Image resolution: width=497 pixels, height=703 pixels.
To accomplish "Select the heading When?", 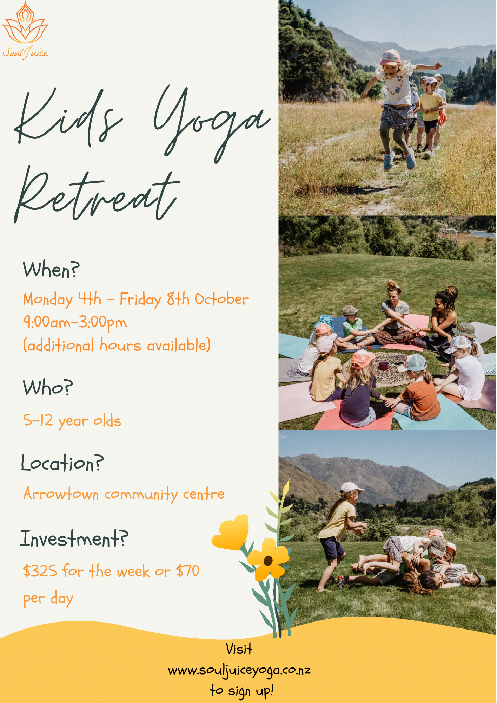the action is coord(51,270).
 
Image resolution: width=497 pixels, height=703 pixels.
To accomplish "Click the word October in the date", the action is coord(222,299).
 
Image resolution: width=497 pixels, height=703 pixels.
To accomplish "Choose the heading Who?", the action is coord(48,387).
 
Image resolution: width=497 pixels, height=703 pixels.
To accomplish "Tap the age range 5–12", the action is coord(38,420).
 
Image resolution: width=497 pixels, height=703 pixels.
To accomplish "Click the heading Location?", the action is coord(62,463).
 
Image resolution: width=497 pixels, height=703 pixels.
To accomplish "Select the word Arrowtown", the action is coord(61,494).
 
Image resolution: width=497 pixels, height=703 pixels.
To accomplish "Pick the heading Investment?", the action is coord(74,538).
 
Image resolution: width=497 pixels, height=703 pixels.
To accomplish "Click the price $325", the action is coord(40,571).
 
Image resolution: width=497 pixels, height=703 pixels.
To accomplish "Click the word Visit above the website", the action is coord(239,649).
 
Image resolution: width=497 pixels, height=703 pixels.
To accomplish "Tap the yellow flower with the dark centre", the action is coord(269,559).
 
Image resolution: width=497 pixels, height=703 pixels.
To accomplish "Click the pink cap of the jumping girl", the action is coord(390,57).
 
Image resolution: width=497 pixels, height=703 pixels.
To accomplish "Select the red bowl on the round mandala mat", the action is coord(383,366).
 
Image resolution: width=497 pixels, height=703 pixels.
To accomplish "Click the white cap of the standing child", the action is coord(351,488).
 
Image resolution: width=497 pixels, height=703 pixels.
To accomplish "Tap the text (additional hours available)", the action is coord(117,345).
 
